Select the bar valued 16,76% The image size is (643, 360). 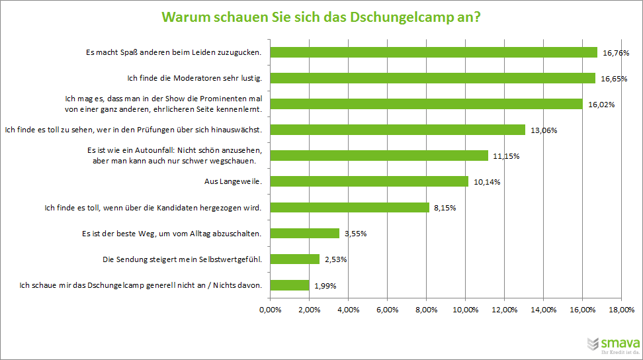click(x=433, y=52)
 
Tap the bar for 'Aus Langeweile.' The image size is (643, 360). click(x=369, y=181)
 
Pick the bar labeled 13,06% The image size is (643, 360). click(x=398, y=130)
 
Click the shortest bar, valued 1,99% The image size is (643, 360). click(x=290, y=285)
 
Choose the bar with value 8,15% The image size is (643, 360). click(x=350, y=207)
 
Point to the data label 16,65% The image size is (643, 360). click(x=614, y=79)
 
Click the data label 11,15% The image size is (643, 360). click(x=505, y=156)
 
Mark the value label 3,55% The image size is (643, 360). click(x=355, y=234)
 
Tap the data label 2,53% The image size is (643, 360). click(x=335, y=259)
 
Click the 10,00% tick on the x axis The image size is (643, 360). click(x=465, y=309)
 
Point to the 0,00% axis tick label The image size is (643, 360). click(x=270, y=309)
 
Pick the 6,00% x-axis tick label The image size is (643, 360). click(x=387, y=309)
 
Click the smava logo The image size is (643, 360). click(x=613, y=345)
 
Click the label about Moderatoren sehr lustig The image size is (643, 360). click(x=195, y=78)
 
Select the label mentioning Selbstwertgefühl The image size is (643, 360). click(x=183, y=259)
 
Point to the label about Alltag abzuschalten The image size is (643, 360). click(x=171, y=234)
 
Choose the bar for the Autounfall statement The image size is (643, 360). click(x=379, y=156)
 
